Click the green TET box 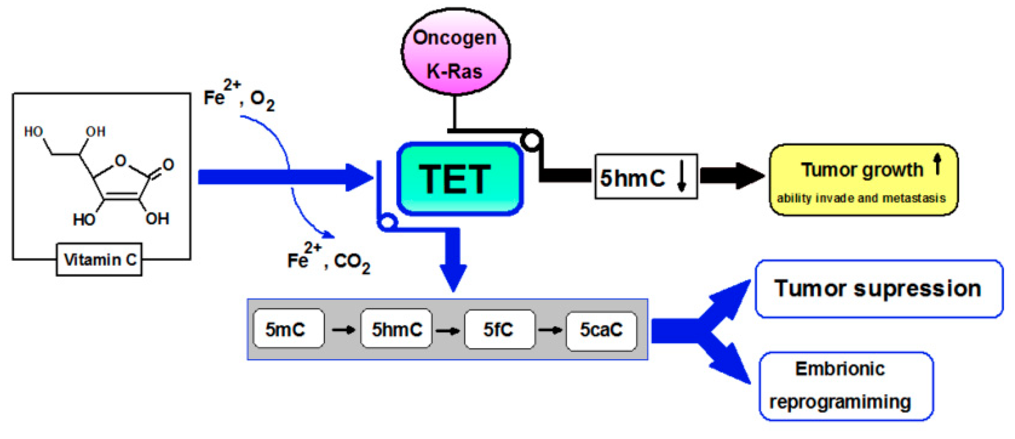(x=460, y=179)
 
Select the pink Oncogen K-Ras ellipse (x=455, y=52)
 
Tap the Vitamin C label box (x=99, y=259)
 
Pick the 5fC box (x=499, y=329)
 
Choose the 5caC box (x=601, y=330)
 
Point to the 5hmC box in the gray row (x=396, y=329)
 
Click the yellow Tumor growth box (x=863, y=180)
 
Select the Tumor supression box (x=878, y=289)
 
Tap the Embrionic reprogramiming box (x=846, y=386)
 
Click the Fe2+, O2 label (x=239, y=96)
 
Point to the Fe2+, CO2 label (x=328, y=260)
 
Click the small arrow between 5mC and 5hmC (x=343, y=330)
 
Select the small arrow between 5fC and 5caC (x=550, y=330)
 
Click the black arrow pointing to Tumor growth (x=731, y=176)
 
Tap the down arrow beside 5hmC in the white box (x=682, y=176)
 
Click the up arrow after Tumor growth (x=937, y=163)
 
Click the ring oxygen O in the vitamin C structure (x=120, y=161)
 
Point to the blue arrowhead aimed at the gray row (x=453, y=277)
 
